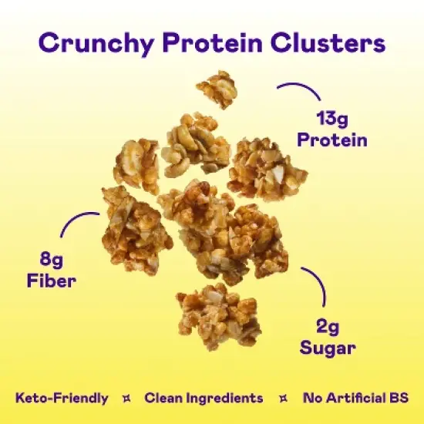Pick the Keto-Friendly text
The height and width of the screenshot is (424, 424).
pyautogui.click(x=62, y=399)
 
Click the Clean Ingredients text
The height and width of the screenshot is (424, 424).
pyautogui.click(x=204, y=399)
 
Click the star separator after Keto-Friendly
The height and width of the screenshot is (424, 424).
pyautogui.click(x=125, y=399)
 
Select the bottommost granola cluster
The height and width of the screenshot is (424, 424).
pyautogui.click(x=217, y=315)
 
